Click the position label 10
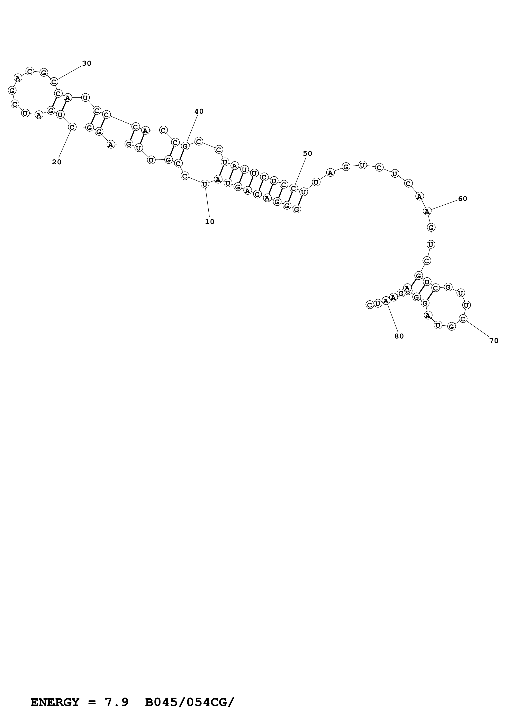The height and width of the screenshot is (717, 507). [210, 222]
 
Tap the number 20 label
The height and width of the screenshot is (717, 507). [56, 162]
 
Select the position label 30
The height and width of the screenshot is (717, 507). [87, 63]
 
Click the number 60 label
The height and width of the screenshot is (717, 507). [462, 199]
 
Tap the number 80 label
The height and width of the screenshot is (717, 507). [399, 336]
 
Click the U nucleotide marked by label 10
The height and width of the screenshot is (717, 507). [205, 184]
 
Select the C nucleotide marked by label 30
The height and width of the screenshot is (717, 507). [54, 82]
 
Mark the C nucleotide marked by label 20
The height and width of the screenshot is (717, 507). [72, 127]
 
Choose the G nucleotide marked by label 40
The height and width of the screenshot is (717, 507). [185, 146]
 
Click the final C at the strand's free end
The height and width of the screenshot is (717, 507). [370, 305]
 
